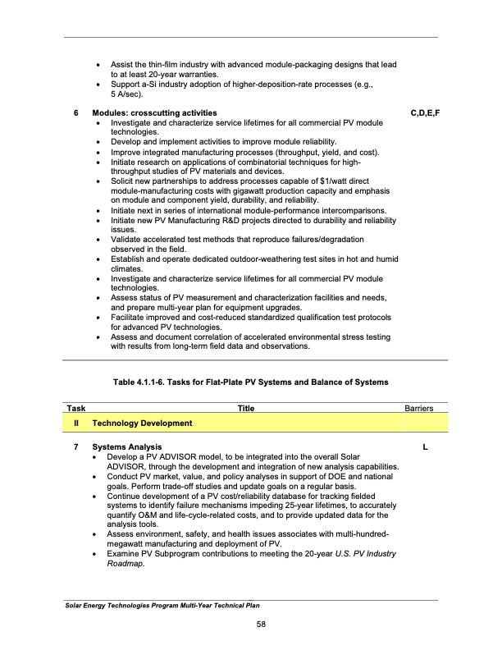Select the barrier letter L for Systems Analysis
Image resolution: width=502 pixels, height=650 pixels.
tap(424, 446)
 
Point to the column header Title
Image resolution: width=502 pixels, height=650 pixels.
tap(245, 407)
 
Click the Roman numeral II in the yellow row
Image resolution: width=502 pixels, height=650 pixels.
tap(75, 423)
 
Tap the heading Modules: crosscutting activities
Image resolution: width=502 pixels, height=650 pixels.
tap(154, 112)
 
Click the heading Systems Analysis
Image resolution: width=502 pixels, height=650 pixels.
tap(126, 446)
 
